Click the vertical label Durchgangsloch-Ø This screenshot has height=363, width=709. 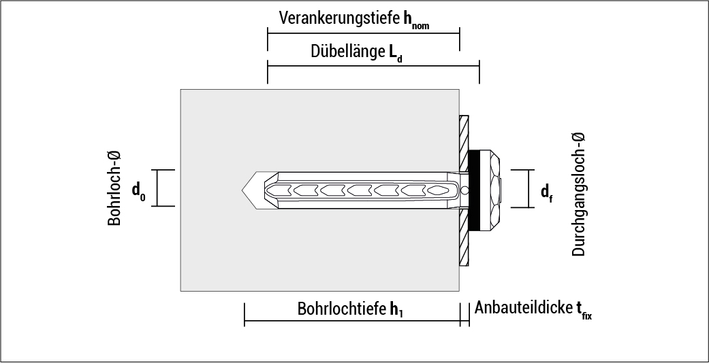[x=578, y=194]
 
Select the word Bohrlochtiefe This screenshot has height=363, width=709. [x=341, y=309]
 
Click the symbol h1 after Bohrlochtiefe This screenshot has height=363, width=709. [x=396, y=310]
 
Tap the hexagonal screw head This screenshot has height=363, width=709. [x=494, y=189]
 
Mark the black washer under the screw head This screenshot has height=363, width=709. [x=475, y=189]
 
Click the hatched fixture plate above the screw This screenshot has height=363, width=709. [x=464, y=136]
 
